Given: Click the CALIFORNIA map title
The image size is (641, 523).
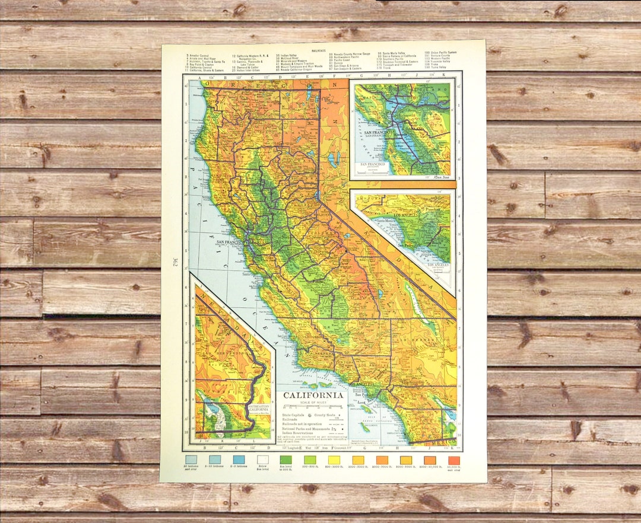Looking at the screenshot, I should (312, 396).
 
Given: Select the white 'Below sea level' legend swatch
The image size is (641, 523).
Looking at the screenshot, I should (262, 460).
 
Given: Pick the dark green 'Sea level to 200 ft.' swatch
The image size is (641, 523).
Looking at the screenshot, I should (285, 460).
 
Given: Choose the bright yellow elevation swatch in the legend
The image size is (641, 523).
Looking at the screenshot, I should (334, 460).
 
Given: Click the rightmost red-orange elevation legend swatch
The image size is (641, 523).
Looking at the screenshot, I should (453, 460).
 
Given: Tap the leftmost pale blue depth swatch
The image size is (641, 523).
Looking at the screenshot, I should (191, 460).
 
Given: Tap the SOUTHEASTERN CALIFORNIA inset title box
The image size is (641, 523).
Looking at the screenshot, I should (258, 407).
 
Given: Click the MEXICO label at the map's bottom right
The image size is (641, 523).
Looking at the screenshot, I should (445, 442).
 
